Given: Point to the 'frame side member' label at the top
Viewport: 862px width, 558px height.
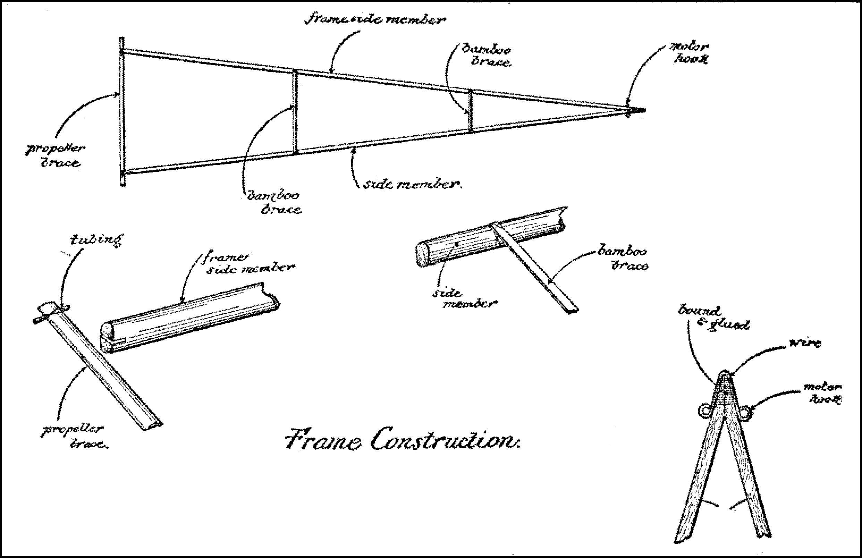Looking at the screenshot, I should click(375, 19).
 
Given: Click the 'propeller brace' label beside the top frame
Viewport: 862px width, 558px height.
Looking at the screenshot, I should click(52, 156).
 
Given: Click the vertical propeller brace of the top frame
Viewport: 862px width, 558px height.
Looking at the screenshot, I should click(122, 112).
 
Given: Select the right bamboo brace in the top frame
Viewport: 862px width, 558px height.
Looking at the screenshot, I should click(471, 110).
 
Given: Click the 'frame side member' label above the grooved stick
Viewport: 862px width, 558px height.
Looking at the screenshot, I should click(250, 263).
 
